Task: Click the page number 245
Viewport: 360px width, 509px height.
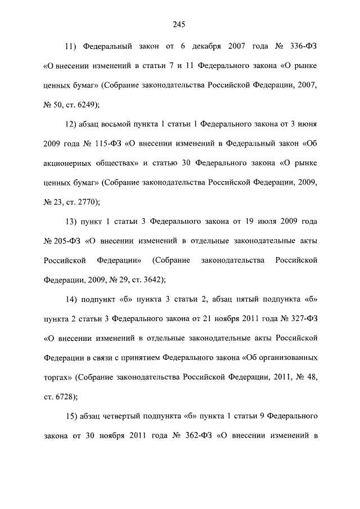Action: coord(179,24)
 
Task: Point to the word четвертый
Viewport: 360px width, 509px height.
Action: coord(123,416)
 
